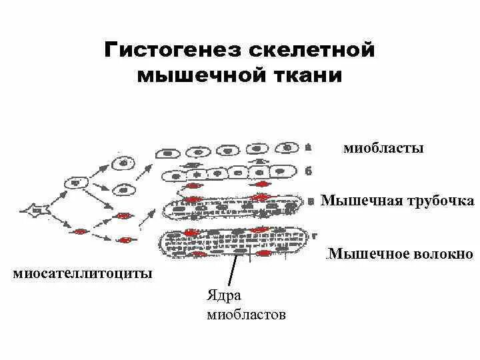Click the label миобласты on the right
pos(383,148)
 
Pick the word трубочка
pos(440,201)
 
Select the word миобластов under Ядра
pos(246,314)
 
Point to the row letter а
pos(308,147)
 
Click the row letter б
pos(308,171)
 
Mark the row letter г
pos(313,235)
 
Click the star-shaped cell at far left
pos(35,211)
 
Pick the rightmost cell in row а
pos(289,147)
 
